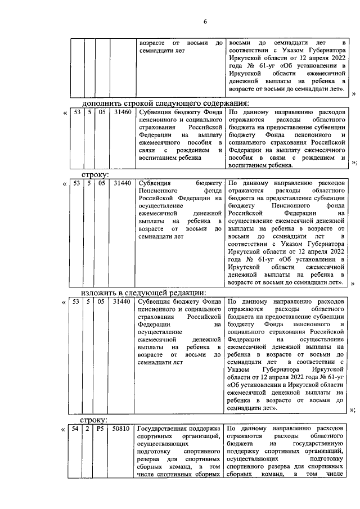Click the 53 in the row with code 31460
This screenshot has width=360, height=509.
point(76,112)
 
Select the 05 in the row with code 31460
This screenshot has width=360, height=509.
point(102,112)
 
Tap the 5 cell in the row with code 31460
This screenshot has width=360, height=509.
point(89,112)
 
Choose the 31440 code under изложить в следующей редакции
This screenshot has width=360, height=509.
point(121,302)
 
